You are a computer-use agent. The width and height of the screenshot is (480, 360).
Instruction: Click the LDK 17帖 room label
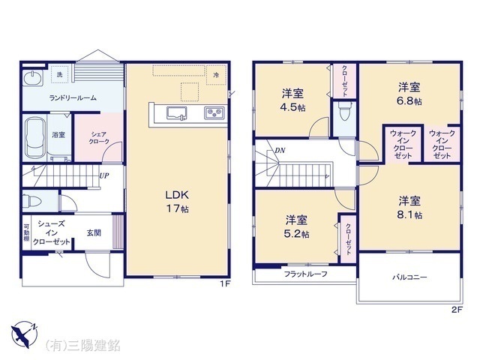[177, 200]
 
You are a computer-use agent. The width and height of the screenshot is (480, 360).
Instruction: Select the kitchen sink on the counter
[177, 114]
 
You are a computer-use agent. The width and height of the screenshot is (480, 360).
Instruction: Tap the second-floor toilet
[344, 113]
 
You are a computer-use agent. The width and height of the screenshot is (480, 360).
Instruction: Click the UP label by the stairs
[105, 176]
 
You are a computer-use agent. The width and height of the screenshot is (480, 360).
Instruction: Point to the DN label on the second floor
[279, 151]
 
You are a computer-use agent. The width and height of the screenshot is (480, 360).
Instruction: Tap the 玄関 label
[94, 232]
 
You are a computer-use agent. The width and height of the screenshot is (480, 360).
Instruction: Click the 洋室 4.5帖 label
[293, 100]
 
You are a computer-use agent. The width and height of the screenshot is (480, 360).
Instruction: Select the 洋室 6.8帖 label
[409, 91]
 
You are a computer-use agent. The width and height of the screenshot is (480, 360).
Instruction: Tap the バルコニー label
[409, 278]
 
